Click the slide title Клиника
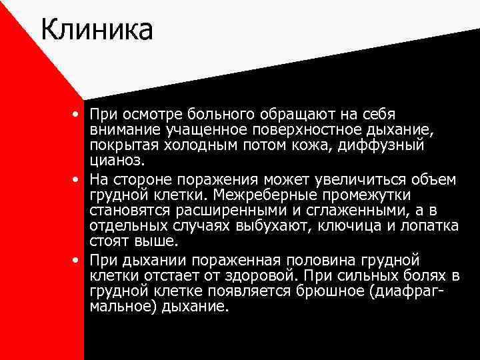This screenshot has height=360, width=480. coord(97,29)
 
